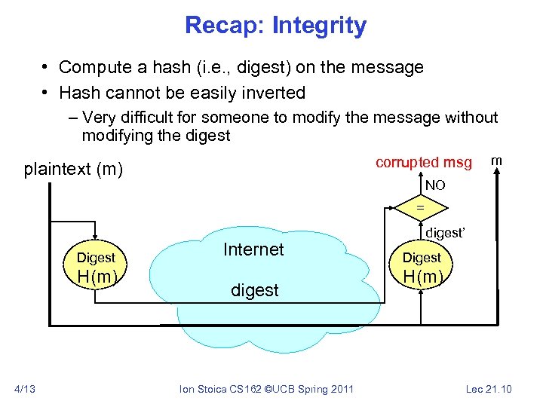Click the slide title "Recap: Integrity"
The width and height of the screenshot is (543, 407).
[275, 26]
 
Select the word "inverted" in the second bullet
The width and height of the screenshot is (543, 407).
[275, 93]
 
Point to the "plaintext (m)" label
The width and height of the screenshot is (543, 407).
[72, 169]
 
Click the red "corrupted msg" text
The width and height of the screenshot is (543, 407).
[423, 163]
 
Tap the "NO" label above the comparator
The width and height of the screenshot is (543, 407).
[434, 185]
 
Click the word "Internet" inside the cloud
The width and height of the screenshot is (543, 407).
[253, 249]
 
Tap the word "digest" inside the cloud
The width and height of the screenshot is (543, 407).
[254, 289]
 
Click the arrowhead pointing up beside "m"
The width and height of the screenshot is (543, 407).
[498, 174]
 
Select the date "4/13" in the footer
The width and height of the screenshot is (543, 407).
[25, 389]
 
